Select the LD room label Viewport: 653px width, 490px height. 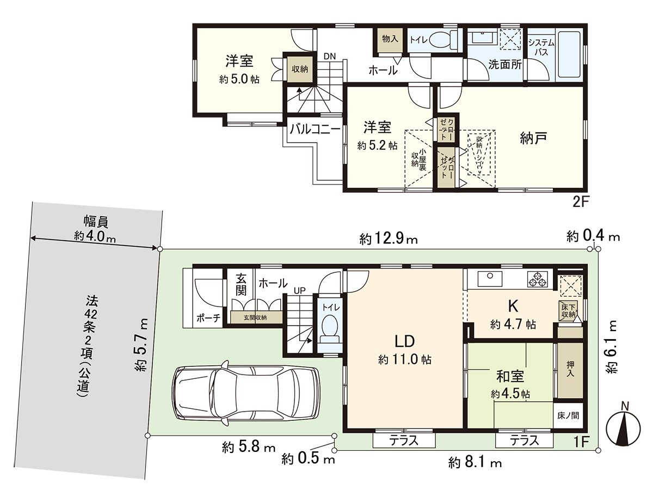(x=405, y=341)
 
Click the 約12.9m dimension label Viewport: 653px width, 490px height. (x=389, y=238)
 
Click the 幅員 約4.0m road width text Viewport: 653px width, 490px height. (x=95, y=229)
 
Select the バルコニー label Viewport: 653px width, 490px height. (x=315, y=129)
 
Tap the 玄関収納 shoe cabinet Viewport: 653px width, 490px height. (x=255, y=317)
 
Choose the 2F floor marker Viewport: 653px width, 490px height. (x=581, y=202)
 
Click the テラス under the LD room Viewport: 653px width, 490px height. (x=403, y=440)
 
